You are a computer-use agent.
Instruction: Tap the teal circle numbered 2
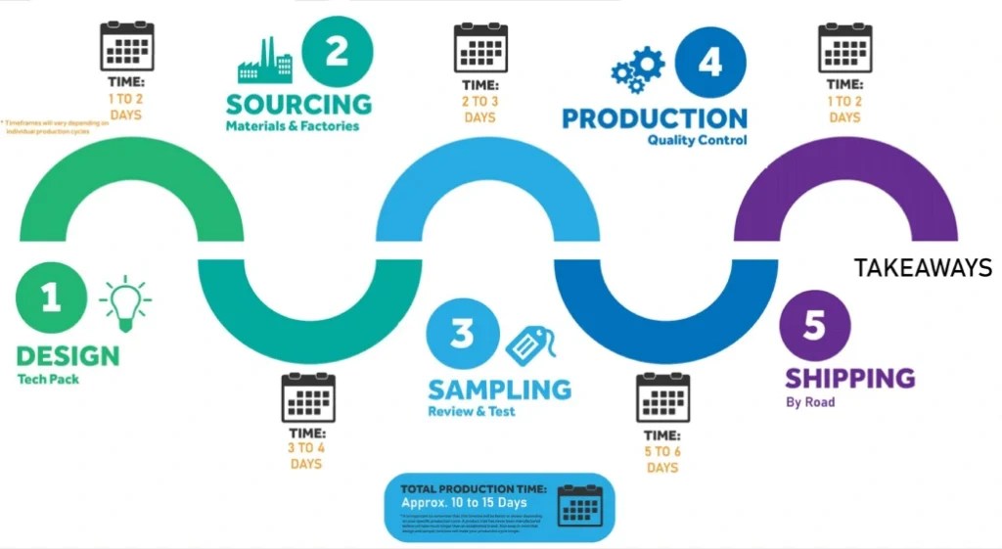coord(337,51)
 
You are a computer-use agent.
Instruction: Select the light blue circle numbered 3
coord(461,335)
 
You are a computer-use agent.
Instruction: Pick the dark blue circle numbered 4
coord(708,61)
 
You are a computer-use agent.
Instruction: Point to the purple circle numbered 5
coord(815,326)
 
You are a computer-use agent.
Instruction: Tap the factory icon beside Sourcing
coord(265,62)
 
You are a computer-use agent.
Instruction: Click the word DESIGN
coord(68,355)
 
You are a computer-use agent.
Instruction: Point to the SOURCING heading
coord(298,104)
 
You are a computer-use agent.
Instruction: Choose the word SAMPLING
coord(499,389)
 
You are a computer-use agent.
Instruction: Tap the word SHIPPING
coord(850,378)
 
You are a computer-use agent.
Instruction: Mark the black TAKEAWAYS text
coord(923,268)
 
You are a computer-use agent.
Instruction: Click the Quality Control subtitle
coord(697,140)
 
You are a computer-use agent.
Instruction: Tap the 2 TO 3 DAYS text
coord(480,110)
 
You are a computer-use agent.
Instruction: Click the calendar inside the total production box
coord(579,506)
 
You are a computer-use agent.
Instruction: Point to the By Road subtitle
coord(810,402)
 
